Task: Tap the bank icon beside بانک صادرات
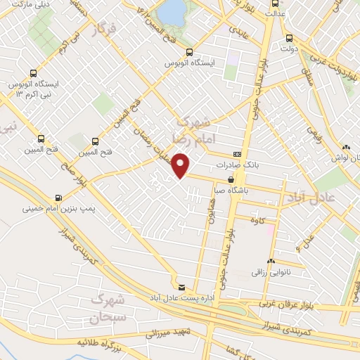click(x=238, y=154)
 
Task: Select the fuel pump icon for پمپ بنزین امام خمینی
click(x=57, y=198)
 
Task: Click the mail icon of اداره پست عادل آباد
click(x=182, y=287)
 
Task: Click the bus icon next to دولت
click(x=289, y=38)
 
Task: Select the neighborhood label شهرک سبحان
click(x=107, y=309)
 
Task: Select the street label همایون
click(x=209, y=209)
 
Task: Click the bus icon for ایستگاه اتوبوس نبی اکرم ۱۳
click(x=33, y=73)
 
